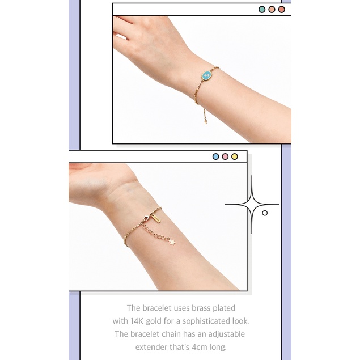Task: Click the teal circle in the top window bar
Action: pos(262,10)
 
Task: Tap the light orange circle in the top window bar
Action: pos(272,10)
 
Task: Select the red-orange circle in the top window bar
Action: pos(281,10)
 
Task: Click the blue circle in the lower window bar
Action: pos(215,156)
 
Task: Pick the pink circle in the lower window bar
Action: pos(225,156)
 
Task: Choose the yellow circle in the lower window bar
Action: pos(234,156)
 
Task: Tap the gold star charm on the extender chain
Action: pos(172,242)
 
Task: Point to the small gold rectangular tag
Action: pos(156,218)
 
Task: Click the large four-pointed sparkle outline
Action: pos(252,204)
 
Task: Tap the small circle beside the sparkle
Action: pos(265,213)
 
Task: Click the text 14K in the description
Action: pos(137,321)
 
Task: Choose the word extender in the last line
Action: pos(151,347)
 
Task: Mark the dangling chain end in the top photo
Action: pos(205,122)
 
